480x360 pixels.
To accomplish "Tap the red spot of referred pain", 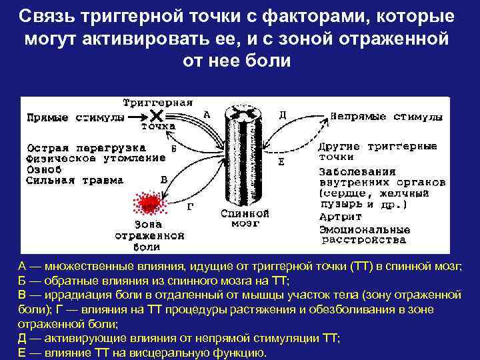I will point(148,201).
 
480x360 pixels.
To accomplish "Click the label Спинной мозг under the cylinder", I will point(245,219).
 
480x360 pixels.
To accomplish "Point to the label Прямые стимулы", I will point(75,118).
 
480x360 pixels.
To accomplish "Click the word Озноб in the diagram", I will point(43,169).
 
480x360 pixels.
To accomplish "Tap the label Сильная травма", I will point(75,180).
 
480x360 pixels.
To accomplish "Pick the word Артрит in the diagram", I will point(340,217).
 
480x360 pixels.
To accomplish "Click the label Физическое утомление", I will point(95,158).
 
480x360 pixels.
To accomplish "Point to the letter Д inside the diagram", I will point(283,115).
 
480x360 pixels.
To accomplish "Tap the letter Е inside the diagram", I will point(281,162).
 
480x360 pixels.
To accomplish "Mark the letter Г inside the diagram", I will point(190,207).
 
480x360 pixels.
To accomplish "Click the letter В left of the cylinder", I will point(164,179).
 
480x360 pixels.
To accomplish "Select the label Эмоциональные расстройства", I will point(363,233).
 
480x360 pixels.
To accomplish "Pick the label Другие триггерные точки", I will point(377,151).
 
